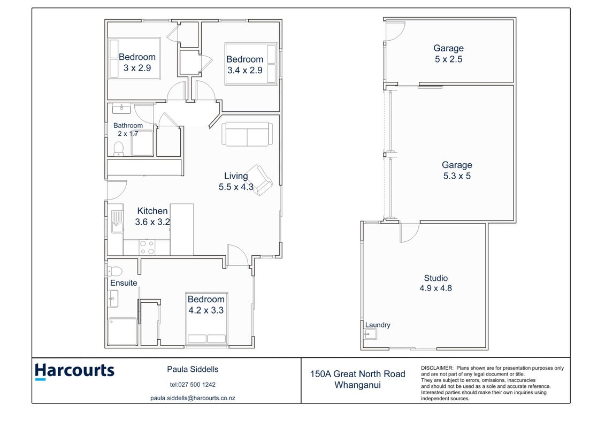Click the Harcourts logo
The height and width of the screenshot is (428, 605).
pyautogui.click(x=74, y=371)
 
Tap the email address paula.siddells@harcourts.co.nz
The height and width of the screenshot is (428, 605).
pyautogui.click(x=193, y=398)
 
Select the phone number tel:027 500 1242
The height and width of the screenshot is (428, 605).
pyautogui.click(x=193, y=384)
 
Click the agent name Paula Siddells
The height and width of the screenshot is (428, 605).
pyautogui.click(x=193, y=369)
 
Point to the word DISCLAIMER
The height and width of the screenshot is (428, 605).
pyautogui.click(x=437, y=368)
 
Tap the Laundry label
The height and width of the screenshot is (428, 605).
pyautogui.click(x=378, y=325)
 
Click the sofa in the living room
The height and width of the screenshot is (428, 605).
pyautogui.click(x=247, y=134)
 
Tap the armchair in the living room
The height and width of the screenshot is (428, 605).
pyautogui.click(x=259, y=180)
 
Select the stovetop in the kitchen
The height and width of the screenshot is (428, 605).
pyautogui.click(x=147, y=247)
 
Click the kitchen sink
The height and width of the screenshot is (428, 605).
pyautogui.click(x=117, y=221)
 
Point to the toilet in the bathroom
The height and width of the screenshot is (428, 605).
pyautogui.click(x=118, y=149)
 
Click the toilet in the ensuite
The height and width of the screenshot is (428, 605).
pyautogui.click(x=114, y=271)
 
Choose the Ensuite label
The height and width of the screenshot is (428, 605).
pyautogui.click(x=124, y=283)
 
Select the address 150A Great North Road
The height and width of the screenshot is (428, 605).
pyautogui.click(x=358, y=373)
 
